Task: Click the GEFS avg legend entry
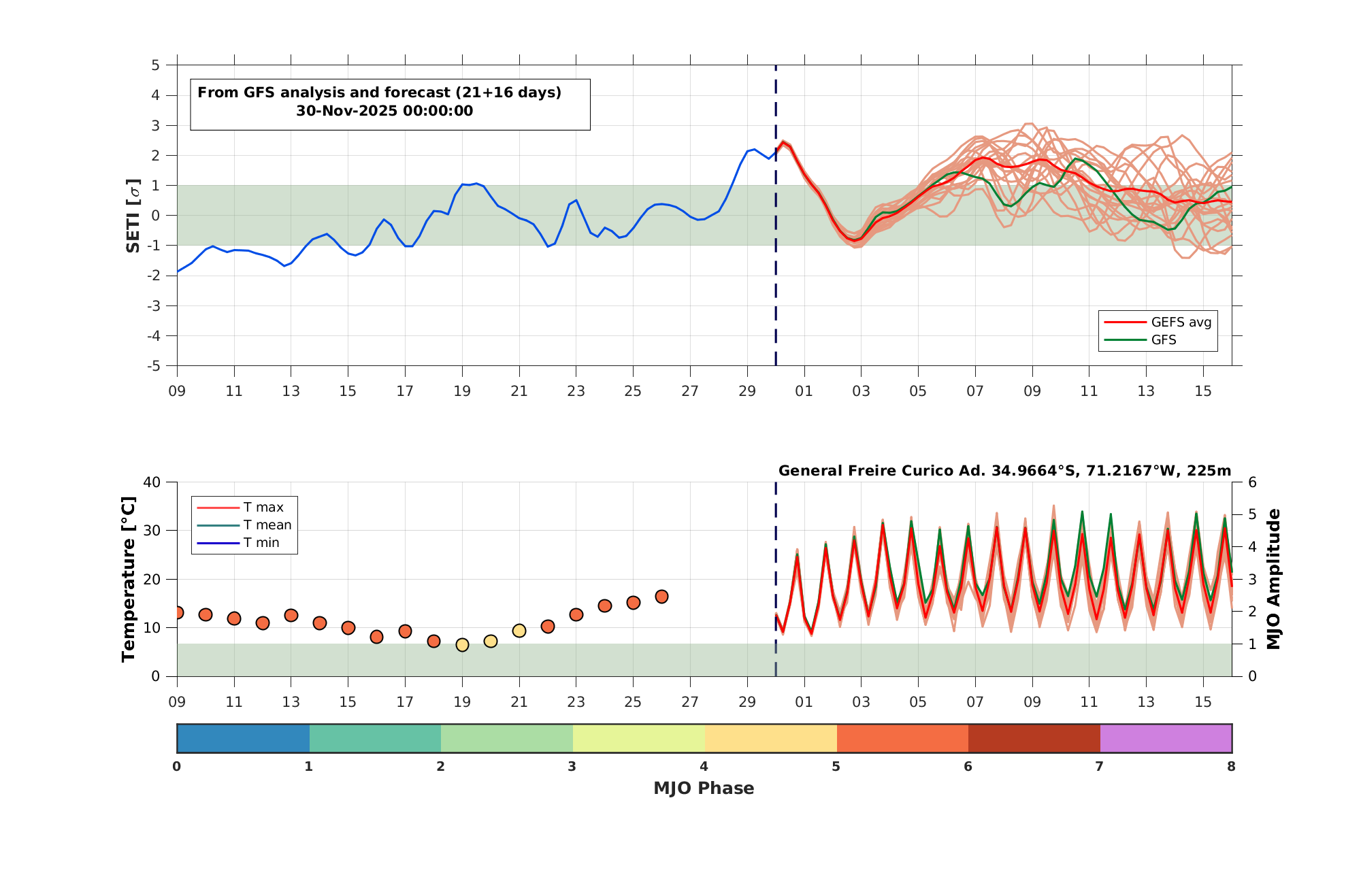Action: click(x=1158, y=322)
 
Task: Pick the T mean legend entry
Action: click(x=244, y=525)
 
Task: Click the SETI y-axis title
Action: click(x=133, y=216)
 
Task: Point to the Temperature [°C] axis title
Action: click(x=128, y=579)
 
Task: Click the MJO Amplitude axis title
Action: click(x=1273, y=579)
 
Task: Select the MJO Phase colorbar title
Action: click(x=704, y=788)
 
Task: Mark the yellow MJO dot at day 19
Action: click(x=462, y=644)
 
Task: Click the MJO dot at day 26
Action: click(x=661, y=597)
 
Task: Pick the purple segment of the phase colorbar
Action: click(x=1166, y=738)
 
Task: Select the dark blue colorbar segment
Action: click(x=243, y=738)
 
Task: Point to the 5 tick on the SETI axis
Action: click(x=156, y=65)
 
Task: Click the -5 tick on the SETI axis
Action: click(x=153, y=366)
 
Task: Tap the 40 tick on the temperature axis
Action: click(x=152, y=482)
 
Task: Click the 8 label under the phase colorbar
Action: click(x=1231, y=767)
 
